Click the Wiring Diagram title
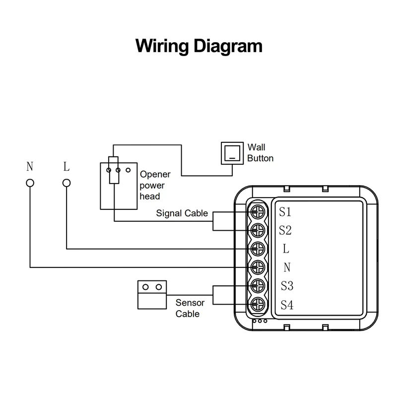[x=198, y=46]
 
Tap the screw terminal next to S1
[x=258, y=212]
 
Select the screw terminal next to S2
[x=258, y=230]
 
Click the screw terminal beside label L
[x=258, y=249]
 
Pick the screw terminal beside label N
[x=258, y=267]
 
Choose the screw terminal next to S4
[x=258, y=304]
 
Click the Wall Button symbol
[x=232, y=153]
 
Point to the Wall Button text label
[x=260, y=153]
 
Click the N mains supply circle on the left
[x=30, y=183]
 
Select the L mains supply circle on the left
[x=66, y=183]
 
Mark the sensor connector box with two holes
[x=151, y=294]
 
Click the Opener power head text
[x=155, y=185]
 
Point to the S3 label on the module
[x=286, y=286]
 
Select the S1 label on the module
[x=285, y=212]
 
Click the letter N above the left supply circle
[x=30, y=166]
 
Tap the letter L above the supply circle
[x=66, y=166]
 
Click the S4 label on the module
[x=286, y=305]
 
